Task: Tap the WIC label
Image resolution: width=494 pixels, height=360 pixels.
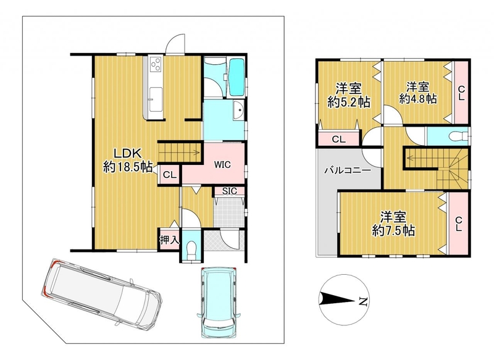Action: click(222, 164)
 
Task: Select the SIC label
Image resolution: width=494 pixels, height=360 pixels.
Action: click(229, 191)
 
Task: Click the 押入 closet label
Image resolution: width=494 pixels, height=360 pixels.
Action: click(169, 240)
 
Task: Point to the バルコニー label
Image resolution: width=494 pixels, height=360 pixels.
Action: click(348, 171)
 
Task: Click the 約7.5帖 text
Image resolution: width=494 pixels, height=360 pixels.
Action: click(393, 231)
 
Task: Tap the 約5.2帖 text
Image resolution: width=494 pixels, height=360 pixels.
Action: click(348, 102)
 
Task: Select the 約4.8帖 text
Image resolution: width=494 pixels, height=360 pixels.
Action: click(418, 99)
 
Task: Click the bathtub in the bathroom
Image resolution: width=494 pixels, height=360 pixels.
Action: click(237, 77)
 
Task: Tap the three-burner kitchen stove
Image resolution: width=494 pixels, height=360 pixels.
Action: click(156, 65)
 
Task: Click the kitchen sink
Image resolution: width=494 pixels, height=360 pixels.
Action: click(156, 99)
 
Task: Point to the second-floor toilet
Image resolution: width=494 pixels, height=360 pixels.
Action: click(458, 136)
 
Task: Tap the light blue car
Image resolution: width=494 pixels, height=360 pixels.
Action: click(219, 303)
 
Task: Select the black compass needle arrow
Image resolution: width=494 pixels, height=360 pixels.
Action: click(338, 299)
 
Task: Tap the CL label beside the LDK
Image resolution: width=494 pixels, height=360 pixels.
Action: click(169, 175)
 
